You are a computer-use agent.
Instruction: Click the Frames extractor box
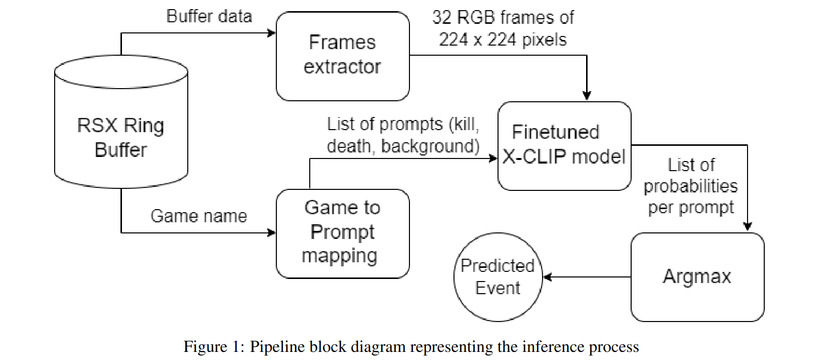pyautogui.click(x=343, y=56)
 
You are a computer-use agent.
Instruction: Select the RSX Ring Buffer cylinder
pyautogui.click(x=121, y=127)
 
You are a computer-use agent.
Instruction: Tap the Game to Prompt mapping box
pyautogui.click(x=343, y=233)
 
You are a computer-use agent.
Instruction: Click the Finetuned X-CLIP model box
pyautogui.click(x=564, y=146)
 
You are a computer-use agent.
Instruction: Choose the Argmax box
pyautogui.click(x=697, y=277)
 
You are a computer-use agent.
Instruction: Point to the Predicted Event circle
pyautogui.click(x=498, y=277)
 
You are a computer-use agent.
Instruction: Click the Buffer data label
pyautogui.click(x=209, y=16)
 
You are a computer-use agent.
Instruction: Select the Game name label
pyautogui.click(x=198, y=216)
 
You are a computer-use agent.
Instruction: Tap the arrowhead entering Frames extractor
pyautogui.click(x=272, y=33)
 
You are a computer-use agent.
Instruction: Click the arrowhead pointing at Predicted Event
pyautogui.click(x=547, y=277)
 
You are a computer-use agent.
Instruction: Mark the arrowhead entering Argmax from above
pyautogui.click(x=747, y=227)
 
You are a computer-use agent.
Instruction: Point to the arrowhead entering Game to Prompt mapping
pyautogui.click(x=272, y=233)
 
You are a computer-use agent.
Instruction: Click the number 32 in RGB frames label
pyautogui.click(x=441, y=18)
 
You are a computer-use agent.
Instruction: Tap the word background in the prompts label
pyautogui.click(x=429, y=146)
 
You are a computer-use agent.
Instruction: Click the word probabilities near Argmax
pyautogui.click(x=690, y=186)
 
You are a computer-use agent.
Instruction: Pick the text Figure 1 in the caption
pyautogui.click(x=212, y=347)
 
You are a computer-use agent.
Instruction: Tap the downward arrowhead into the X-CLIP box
pyautogui.click(x=587, y=96)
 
